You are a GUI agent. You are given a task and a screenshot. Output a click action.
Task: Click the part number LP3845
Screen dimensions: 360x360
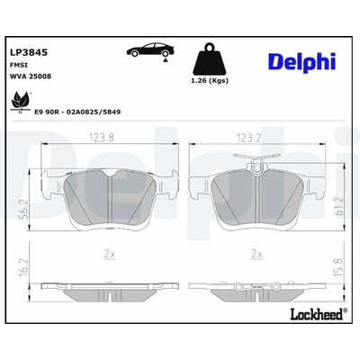[x=29, y=52]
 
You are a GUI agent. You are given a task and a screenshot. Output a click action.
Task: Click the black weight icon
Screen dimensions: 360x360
[x=210, y=59]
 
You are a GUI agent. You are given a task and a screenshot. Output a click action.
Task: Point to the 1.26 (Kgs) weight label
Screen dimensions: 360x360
[x=210, y=81]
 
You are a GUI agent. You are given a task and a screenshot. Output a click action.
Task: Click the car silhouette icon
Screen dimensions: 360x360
[x=150, y=50]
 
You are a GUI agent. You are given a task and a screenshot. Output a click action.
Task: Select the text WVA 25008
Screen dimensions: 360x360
[x=31, y=76]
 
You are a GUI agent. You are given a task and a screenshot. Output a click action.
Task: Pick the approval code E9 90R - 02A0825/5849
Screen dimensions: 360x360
[x=77, y=112]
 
